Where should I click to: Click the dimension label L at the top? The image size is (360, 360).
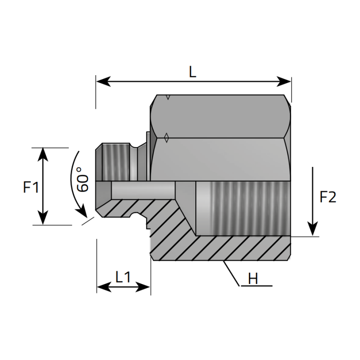click(x=193, y=72)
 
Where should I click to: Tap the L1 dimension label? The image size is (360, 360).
click(x=123, y=277)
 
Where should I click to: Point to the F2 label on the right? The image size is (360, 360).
click(x=328, y=197)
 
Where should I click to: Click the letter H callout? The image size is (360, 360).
click(x=253, y=279)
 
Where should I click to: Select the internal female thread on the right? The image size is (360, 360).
click(x=243, y=208)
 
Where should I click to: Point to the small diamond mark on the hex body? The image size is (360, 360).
click(x=166, y=138)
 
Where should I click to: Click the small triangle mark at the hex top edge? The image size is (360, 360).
click(x=168, y=97)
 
